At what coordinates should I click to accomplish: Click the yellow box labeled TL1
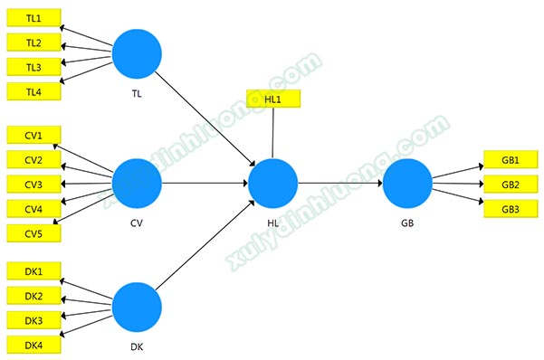pos(34,18)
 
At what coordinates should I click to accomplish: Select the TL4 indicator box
pos(34,91)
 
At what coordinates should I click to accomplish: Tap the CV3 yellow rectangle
pos(34,184)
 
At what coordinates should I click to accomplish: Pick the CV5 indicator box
pos(34,233)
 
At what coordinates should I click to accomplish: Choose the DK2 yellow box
pos(34,296)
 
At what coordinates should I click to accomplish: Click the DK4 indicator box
pos(34,345)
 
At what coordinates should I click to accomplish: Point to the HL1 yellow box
pos(273,99)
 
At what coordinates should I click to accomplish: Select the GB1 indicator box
pos(511,159)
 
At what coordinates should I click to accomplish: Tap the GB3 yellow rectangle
pos(511,209)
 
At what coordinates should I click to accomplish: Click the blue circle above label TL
pos(137,53)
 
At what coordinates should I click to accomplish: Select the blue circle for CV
pos(137,184)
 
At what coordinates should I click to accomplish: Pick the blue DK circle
pos(137,308)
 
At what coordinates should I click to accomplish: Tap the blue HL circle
pos(273,184)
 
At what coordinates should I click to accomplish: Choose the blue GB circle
pos(407,184)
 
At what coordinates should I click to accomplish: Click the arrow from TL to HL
pos(205,118)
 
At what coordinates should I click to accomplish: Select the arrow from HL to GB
pos(340,183)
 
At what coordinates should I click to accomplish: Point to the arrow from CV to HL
pos(205,183)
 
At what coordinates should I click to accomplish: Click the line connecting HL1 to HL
pos(273,133)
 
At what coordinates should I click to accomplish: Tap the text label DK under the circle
pos(137,346)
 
